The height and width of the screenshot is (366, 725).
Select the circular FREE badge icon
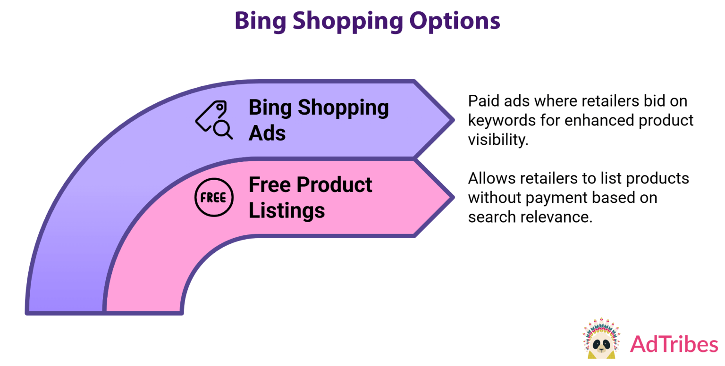click(x=214, y=198)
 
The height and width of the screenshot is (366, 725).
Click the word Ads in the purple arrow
click(x=267, y=133)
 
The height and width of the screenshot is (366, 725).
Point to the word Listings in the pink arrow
click(x=287, y=210)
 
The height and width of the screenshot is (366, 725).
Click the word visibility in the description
click(x=497, y=140)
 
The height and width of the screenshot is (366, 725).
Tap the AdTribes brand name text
click(x=674, y=344)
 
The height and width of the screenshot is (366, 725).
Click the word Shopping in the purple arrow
click(x=343, y=108)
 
